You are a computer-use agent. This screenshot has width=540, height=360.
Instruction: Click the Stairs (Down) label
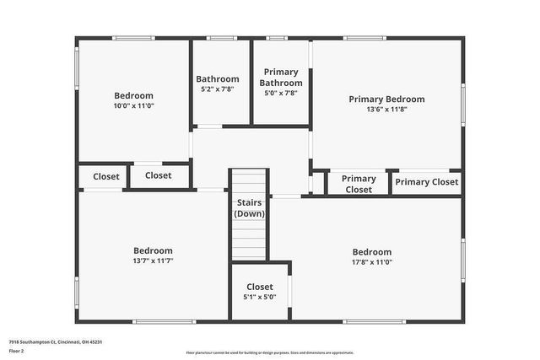click(249, 208)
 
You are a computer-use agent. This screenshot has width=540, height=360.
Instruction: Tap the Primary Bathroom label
click(281, 78)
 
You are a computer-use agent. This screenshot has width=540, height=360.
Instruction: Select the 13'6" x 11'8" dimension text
click(386, 110)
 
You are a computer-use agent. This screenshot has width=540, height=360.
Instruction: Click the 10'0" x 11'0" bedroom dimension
click(134, 106)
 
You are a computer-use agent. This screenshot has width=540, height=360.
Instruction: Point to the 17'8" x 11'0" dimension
click(372, 262)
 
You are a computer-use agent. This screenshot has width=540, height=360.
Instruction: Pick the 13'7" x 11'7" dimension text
click(153, 261)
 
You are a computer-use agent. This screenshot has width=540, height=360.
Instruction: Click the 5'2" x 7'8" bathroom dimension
click(218, 89)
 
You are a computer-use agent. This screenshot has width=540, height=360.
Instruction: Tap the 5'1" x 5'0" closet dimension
click(259, 297)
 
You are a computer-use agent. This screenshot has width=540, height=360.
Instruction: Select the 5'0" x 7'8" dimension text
click(281, 94)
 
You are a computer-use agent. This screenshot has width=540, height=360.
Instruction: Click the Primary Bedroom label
click(386, 99)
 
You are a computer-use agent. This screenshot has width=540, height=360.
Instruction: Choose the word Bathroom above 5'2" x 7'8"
click(218, 79)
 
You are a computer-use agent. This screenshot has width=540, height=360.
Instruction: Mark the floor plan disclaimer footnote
click(269, 352)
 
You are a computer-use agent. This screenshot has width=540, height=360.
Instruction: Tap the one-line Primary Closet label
click(426, 182)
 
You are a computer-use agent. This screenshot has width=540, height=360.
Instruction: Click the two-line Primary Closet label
click(359, 184)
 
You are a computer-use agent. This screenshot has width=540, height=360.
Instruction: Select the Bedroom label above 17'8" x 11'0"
click(372, 252)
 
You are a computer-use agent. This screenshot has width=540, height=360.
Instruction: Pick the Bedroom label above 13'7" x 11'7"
click(153, 250)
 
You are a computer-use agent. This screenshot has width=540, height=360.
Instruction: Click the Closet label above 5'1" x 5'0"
click(259, 287)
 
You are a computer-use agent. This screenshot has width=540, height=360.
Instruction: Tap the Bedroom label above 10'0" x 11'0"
click(134, 95)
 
